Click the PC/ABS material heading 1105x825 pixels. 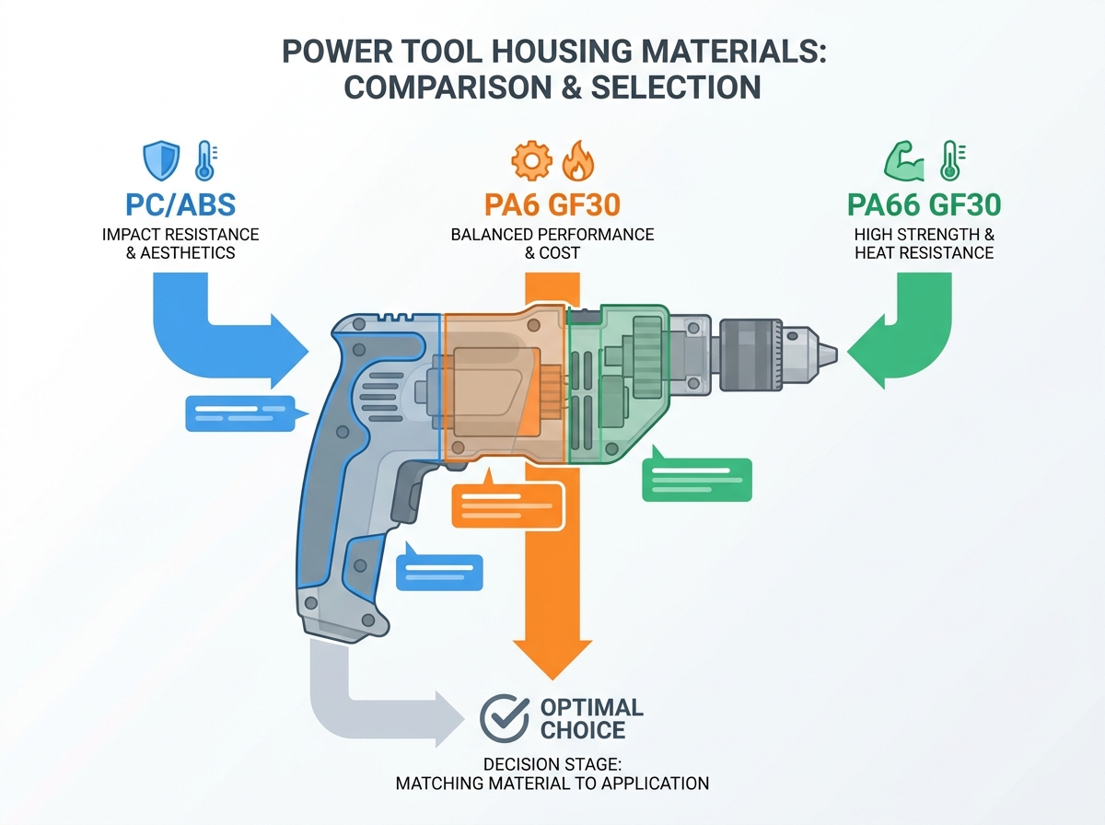click(180, 204)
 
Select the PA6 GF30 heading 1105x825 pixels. click(552, 204)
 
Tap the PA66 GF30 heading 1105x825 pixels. click(924, 204)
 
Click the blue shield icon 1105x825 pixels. click(161, 160)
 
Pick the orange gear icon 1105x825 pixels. click(531, 160)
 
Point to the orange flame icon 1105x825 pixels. click(578, 160)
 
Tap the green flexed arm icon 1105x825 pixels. click(904, 161)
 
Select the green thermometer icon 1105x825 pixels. click(951, 160)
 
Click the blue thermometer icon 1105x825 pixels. click(206, 160)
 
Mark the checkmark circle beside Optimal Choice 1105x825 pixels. click(504, 718)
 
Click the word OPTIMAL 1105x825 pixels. click(591, 707)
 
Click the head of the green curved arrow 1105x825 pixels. click(866, 352)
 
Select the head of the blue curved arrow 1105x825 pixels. click(290, 352)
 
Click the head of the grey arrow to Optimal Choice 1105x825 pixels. click(449, 719)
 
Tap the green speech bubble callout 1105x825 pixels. click(697, 477)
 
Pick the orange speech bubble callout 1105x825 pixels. click(508, 502)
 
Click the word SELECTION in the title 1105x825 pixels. click(676, 87)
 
